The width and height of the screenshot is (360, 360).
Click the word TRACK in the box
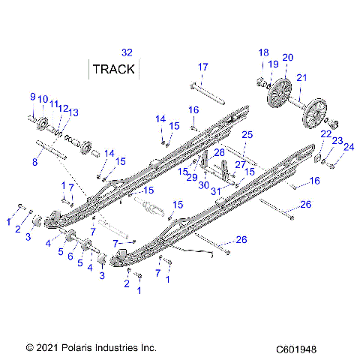(x=114, y=70)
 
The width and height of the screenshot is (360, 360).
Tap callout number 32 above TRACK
(x=127, y=52)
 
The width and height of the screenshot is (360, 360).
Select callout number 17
(x=202, y=67)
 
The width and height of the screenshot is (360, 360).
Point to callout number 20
(x=287, y=58)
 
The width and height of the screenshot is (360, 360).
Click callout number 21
(x=301, y=78)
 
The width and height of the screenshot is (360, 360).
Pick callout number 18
(x=263, y=52)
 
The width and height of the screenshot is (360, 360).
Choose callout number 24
(x=348, y=147)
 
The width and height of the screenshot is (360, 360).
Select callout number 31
(x=217, y=191)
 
